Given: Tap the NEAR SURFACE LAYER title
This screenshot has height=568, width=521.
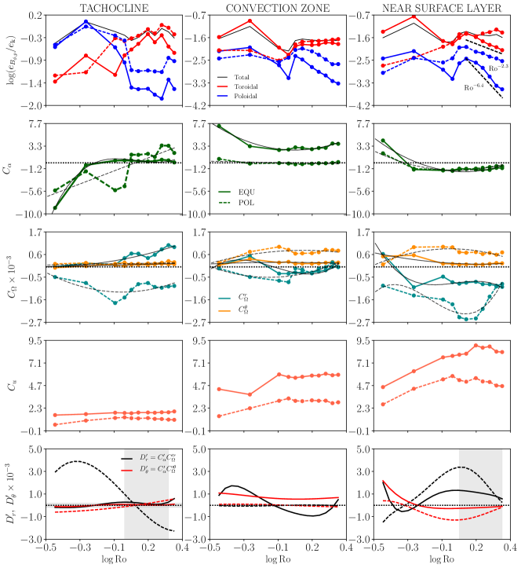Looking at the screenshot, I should pyautogui.click(x=433, y=8).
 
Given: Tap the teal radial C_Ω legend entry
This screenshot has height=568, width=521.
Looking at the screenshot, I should pyautogui.click(x=246, y=298).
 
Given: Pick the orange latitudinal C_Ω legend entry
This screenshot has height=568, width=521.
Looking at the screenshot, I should pyautogui.click(x=246, y=310).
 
